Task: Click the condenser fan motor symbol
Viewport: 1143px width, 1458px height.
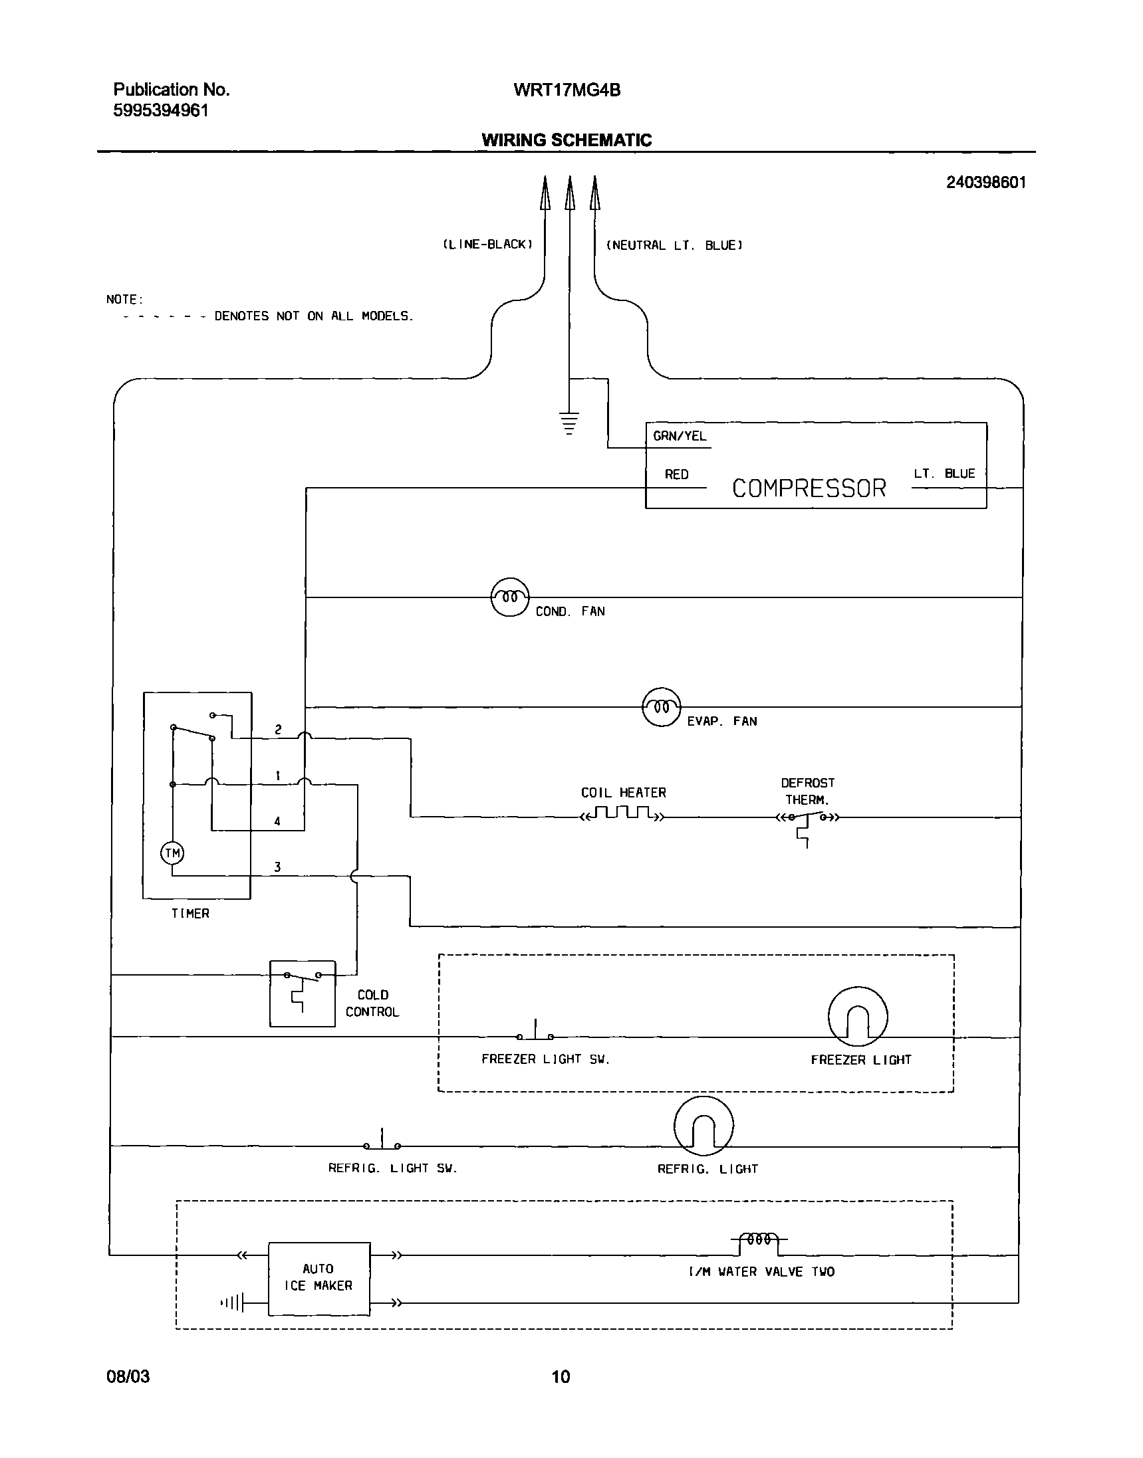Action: [x=510, y=597]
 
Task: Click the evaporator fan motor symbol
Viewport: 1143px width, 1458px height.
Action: [x=661, y=707]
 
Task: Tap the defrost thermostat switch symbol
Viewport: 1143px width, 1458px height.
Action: [x=807, y=819]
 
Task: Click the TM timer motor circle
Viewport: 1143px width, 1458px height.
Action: [x=172, y=853]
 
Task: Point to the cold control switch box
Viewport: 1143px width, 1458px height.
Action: [x=302, y=993]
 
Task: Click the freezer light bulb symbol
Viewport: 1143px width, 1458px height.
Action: [x=857, y=1016]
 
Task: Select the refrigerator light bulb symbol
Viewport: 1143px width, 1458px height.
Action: [x=703, y=1126]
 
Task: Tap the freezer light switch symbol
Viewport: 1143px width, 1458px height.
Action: [x=535, y=1033]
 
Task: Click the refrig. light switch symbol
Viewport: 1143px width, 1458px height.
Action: [x=382, y=1142]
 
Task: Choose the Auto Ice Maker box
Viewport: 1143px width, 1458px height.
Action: [x=318, y=1278]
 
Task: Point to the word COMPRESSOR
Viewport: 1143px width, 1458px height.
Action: [x=809, y=488]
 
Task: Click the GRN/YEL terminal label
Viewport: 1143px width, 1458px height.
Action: [x=680, y=436]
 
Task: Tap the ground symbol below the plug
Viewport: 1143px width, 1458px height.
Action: [x=569, y=424]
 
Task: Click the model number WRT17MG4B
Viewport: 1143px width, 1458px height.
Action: [x=567, y=90]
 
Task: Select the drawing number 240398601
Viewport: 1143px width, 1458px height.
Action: [x=985, y=183]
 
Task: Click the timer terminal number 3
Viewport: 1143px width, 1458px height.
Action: [x=277, y=867]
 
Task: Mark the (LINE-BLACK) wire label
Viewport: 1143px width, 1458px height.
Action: [x=487, y=245]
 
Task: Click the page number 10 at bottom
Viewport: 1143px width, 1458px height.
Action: [x=561, y=1376]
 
